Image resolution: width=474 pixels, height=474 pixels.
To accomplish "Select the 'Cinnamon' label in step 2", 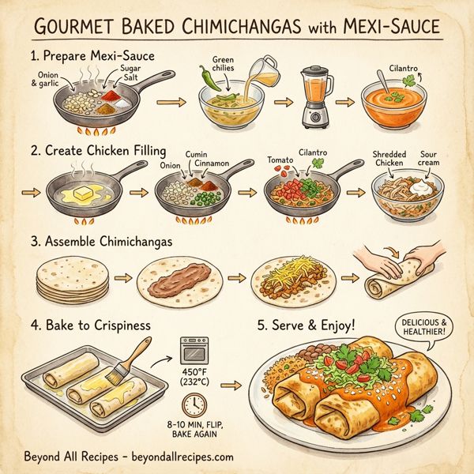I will pyautogui.click(x=211, y=162).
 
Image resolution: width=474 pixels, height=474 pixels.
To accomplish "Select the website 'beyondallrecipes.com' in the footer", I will pyautogui.click(x=179, y=457).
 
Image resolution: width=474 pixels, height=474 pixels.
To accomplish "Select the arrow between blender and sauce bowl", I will pyautogui.click(x=344, y=102).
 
